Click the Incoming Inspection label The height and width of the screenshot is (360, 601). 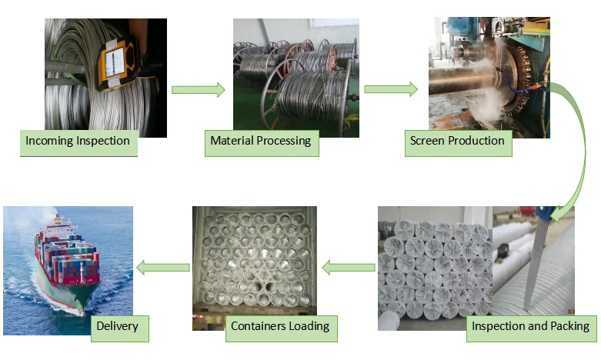tap(78, 142)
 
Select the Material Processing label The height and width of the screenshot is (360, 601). tap(261, 141)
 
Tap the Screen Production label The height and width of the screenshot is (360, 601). tap(457, 141)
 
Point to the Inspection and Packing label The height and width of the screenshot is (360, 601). tap(530, 326)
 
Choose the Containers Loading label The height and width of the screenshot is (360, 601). tap(280, 326)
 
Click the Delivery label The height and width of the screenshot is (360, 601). tap(117, 326)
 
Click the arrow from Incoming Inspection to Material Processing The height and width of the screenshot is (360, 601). tap(198, 90)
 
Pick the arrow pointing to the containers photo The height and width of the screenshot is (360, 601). tap(348, 268)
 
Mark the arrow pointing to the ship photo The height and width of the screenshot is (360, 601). tap(162, 268)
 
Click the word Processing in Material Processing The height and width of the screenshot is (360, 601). tap(285, 141)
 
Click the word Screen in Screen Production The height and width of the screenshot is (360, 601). tap(428, 141)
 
